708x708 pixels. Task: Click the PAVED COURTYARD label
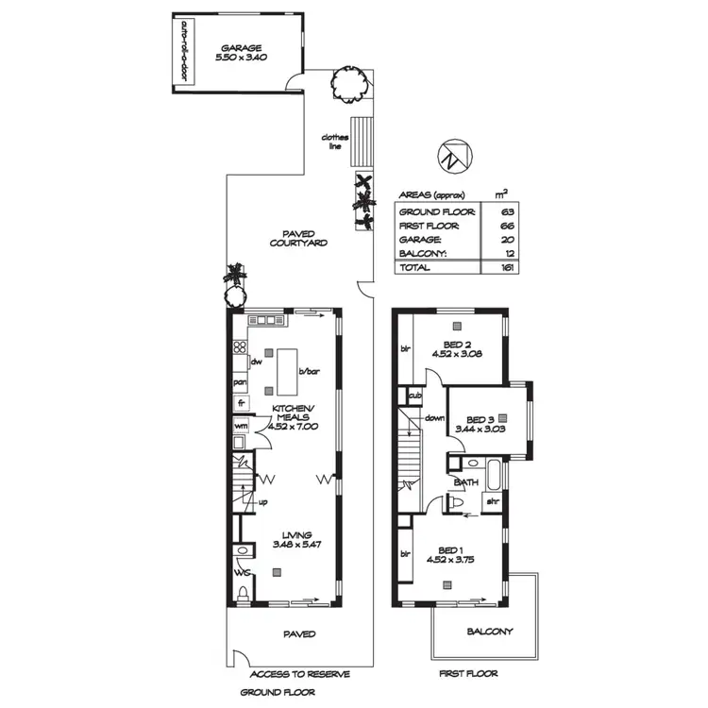click(x=297, y=238)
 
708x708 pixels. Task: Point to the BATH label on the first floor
click(x=465, y=482)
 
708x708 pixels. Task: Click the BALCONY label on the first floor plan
click(x=489, y=632)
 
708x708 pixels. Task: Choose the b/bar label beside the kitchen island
click(x=310, y=372)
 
